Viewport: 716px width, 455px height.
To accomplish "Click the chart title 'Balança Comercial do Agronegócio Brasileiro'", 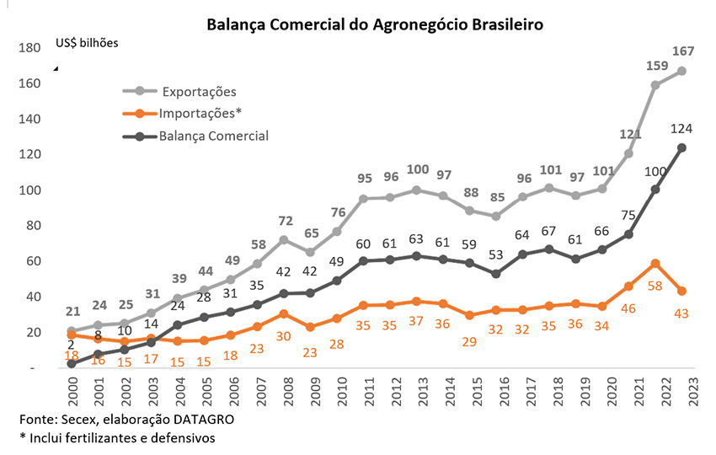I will pos(376,24).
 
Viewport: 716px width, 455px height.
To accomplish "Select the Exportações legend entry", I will pos(199,91).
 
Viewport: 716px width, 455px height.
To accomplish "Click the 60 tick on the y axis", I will pos(34,261).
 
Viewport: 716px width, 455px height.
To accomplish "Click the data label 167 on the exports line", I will pos(682,52).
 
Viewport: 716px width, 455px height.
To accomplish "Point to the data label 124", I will pos(681,128).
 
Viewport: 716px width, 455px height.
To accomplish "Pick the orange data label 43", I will pos(682,313).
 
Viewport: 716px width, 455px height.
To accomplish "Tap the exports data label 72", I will pos(286,221).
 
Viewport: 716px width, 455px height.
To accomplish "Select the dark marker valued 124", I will pos(681,148).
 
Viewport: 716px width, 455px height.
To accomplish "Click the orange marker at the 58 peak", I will pos(655,264).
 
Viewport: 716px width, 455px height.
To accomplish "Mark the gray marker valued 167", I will pos(681,71).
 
